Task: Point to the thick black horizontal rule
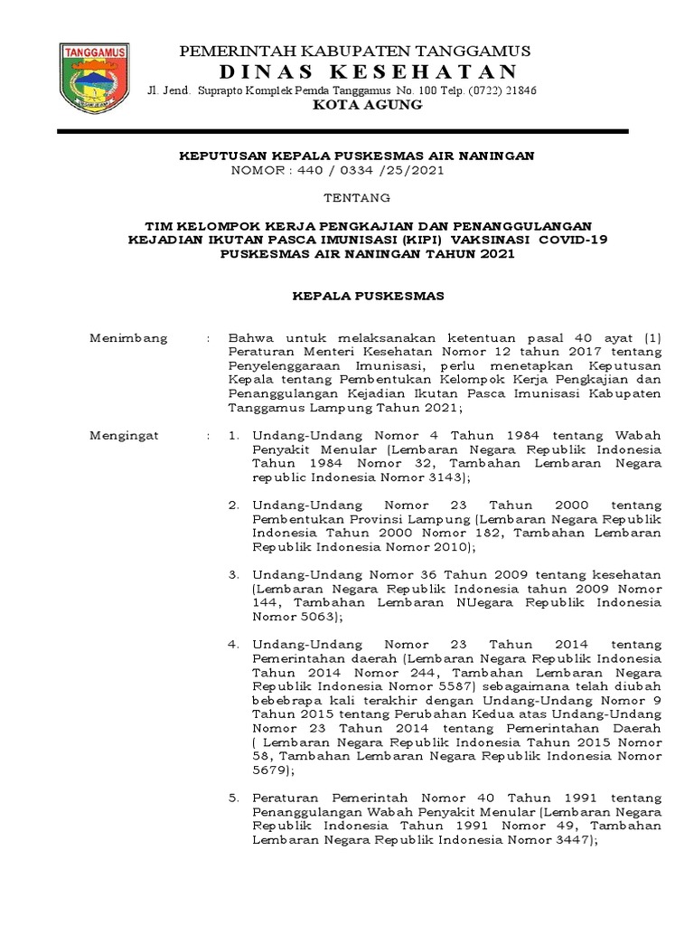[342, 132]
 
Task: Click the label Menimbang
[128, 337]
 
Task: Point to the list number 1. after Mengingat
[233, 435]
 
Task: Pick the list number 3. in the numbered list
[233, 574]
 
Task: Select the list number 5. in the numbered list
[233, 798]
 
